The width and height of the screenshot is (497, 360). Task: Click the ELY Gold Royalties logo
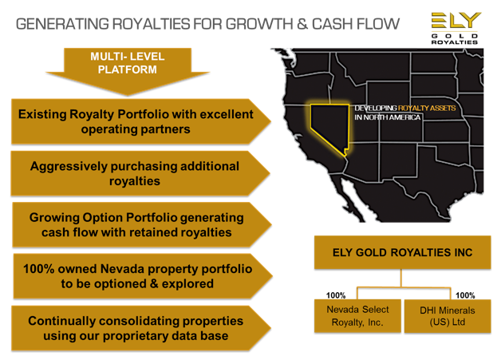pos(456,28)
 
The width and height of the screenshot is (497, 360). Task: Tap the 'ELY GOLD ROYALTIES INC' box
pos(402,252)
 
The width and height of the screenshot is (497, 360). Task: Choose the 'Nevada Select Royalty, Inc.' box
pos(357,316)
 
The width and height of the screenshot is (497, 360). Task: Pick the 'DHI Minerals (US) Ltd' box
pos(448,316)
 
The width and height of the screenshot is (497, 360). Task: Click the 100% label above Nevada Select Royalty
pos(336,295)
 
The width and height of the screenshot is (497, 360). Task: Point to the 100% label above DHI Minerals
pos(465,295)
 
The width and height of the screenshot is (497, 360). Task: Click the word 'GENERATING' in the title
pos(62,24)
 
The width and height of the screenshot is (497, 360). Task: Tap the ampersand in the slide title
pos(302,24)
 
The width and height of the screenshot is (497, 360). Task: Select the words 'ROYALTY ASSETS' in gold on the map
pos(427,108)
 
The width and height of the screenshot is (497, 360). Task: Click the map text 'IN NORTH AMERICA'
pos(388,117)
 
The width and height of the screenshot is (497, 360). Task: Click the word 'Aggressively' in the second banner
pos(69,166)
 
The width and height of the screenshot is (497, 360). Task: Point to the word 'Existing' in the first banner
pos(42,114)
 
